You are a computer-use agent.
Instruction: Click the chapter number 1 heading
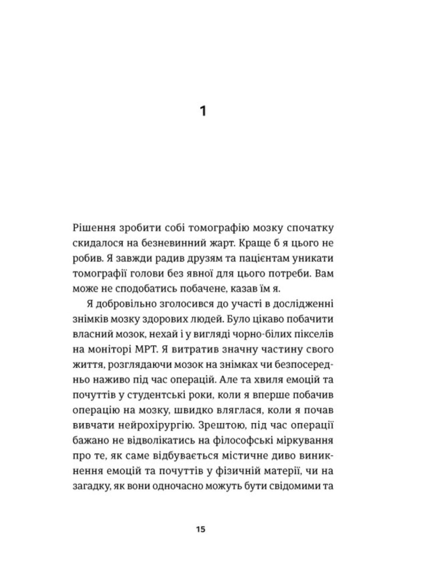click(203, 111)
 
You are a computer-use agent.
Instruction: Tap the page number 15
click(200, 530)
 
